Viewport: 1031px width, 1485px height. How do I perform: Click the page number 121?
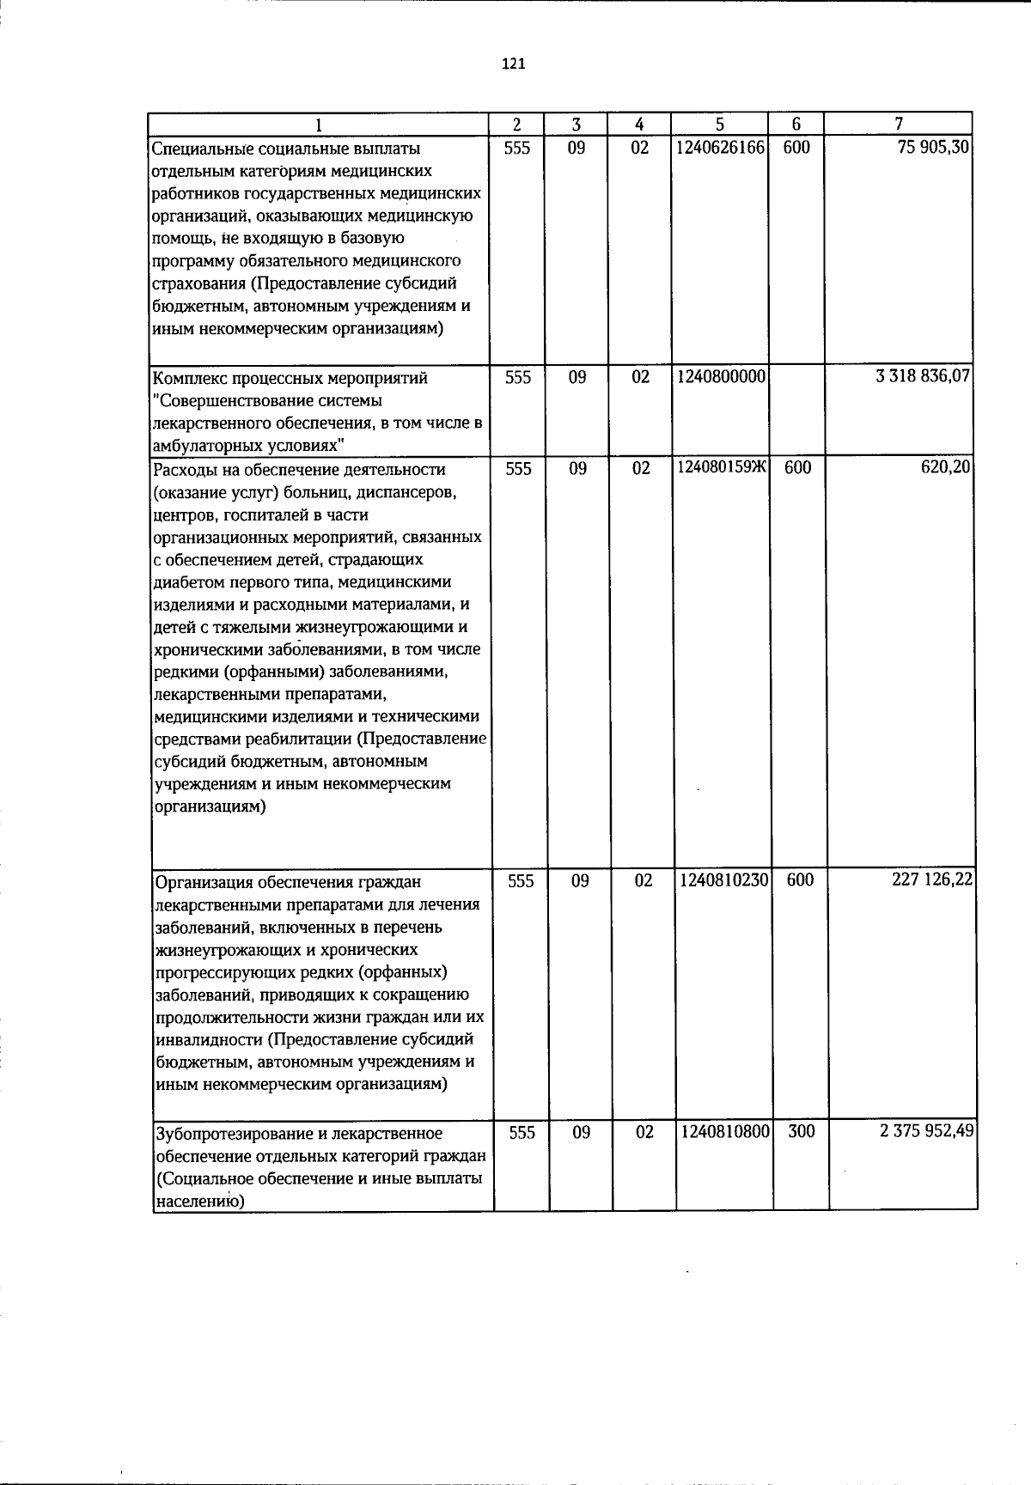tap(513, 64)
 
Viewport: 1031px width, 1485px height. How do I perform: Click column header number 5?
tap(720, 124)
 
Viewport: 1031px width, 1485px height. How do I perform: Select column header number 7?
tap(898, 124)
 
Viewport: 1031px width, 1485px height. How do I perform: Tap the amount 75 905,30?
tap(933, 148)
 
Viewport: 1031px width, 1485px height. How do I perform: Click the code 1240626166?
tap(720, 148)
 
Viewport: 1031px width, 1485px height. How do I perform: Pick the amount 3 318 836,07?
tap(923, 378)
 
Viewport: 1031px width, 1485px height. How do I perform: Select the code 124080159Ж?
tap(721, 469)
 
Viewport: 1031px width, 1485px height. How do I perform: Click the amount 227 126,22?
tap(932, 881)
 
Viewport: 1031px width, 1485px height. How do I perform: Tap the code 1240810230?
tap(723, 881)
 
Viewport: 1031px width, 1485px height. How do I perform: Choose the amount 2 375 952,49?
tap(926, 1132)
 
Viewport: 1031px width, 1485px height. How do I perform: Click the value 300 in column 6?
tap(801, 1132)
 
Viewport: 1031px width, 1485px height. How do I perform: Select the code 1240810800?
tap(723, 1132)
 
